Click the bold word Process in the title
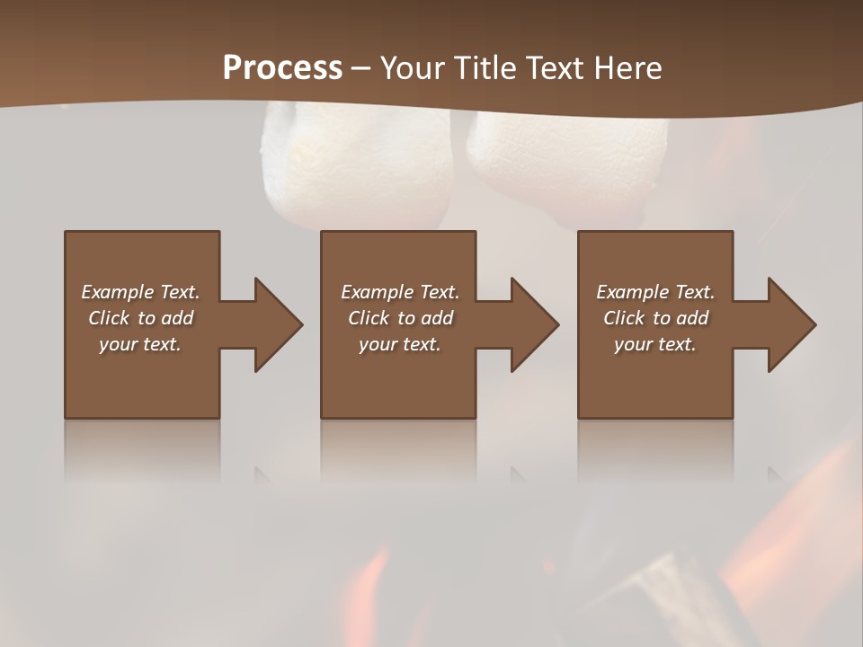pyautogui.click(x=282, y=68)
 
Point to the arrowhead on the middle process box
pyautogui.click(x=533, y=324)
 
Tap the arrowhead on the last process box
pyautogui.click(x=790, y=324)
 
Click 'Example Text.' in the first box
pyautogui.click(x=140, y=292)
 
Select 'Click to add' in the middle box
pyautogui.click(x=400, y=318)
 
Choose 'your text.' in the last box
pyautogui.click(x=655, y=344)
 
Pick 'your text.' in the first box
pyautogui.click(x=140, y=344)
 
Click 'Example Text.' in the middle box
pyautogui.click(x=400, y=292)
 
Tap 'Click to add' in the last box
pyautogui.click(x=655, y=318)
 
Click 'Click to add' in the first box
pyautogui.click(x=140, y=318)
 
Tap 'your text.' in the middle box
pyautogui.click(x=400, y=344)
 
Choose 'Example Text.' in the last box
pyautogui.click(x=655, y=292)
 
